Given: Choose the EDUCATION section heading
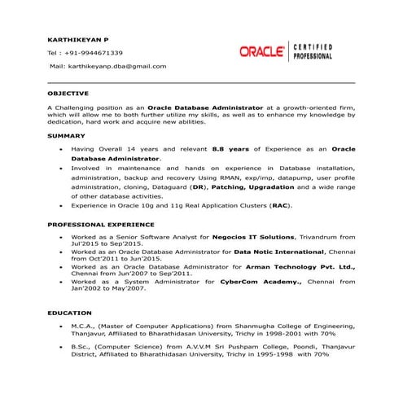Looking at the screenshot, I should [68, 311].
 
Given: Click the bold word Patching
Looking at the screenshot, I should [229, 186].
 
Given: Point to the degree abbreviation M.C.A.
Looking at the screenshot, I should [85, 324].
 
